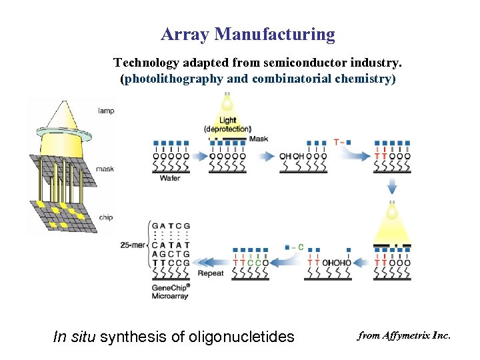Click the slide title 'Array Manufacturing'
click(x=247, y=34)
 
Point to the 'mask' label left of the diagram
click(x=105, y=169)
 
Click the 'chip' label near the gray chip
click(x=105, y=217)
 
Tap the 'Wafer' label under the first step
click(x=170, y=178)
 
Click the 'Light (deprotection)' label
click(x=227, y=125)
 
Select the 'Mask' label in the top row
click(x=259, y=139)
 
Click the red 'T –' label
click(x=339, y=142)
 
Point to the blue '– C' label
click(x=295, y=247)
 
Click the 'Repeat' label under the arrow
click(x=211, y=273)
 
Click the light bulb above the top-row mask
click(x=227, y=104)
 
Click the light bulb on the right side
click(x=392, y=211)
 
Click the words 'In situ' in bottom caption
click(x=75, y=337)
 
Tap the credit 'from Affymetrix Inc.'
click(x=404, y=335)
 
